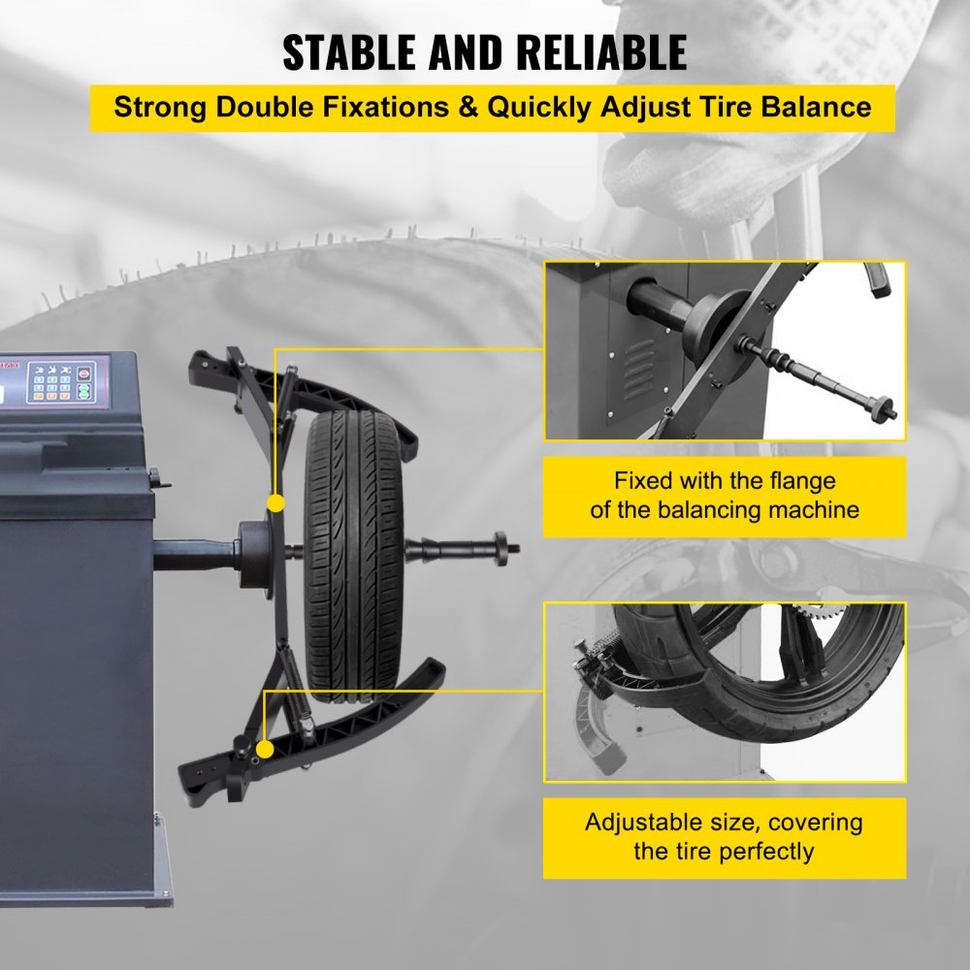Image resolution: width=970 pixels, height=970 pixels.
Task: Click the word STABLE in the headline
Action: click(351, 52)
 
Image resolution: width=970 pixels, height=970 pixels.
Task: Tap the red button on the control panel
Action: click(83, 372)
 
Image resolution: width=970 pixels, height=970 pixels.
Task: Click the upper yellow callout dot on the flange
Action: click(275, 502)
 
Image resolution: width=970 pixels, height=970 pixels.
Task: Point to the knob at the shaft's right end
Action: click(501, 545)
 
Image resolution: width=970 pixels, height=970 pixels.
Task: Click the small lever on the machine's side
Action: click(153, 477)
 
